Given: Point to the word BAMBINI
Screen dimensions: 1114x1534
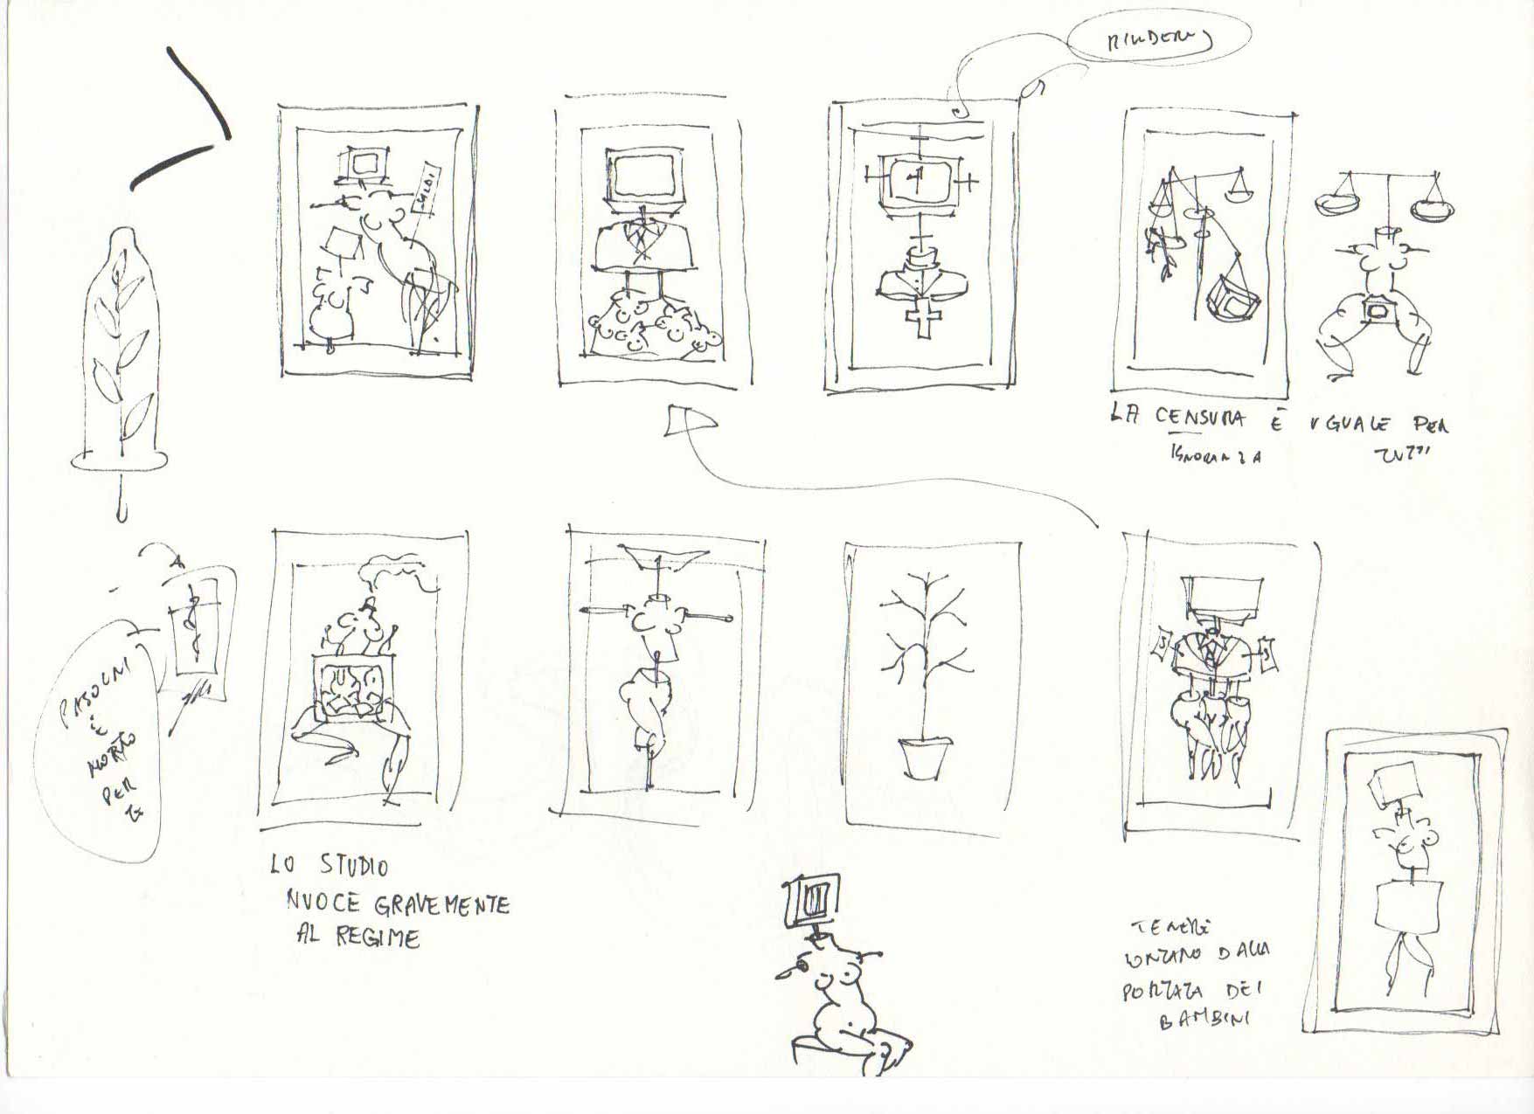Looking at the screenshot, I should tap(1204, 1020).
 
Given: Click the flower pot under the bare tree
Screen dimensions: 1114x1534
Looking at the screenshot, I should tap(923, 757).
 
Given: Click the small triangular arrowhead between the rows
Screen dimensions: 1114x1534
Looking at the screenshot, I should tap(688, 422).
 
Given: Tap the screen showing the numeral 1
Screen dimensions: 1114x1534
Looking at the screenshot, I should tap(916, 181).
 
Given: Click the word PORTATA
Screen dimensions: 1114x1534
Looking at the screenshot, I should tap(1162, 992).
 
